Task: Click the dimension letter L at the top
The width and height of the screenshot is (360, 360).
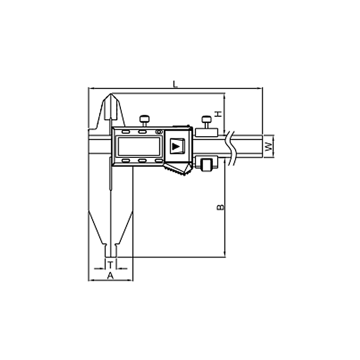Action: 175,84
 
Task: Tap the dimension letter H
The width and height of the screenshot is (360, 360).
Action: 218,114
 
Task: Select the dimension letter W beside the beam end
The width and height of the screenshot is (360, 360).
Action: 268,147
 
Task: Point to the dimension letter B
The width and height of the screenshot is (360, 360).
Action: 221,207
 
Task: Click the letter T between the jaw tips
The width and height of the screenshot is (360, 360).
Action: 111,265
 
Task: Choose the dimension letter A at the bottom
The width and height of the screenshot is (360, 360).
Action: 111,276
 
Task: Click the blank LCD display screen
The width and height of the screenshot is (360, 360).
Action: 139,146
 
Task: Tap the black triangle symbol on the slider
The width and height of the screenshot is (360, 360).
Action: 176,146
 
